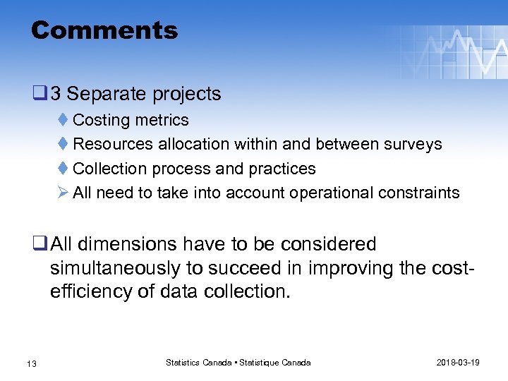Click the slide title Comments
104,30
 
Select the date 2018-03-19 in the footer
458,363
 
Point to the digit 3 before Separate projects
55,94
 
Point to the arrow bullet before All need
63,193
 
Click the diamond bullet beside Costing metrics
63,120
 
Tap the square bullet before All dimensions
40,245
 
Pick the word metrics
163,120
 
